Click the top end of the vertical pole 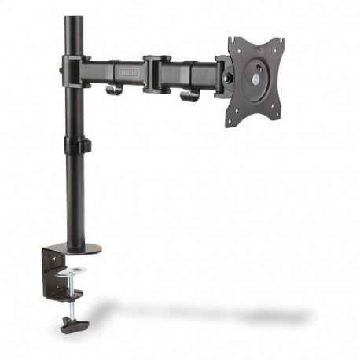(x=74, y=18)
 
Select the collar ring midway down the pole (x=76, y=146)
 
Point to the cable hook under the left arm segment (x=115, y=89)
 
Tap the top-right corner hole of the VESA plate (x=277, y=42)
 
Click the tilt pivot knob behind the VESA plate (x=229, y=79)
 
